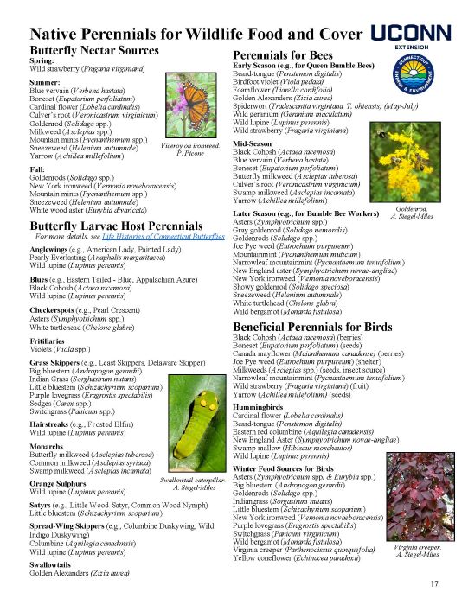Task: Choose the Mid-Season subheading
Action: click(x=253, y=143)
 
